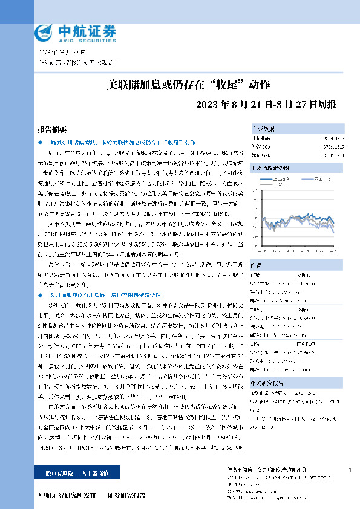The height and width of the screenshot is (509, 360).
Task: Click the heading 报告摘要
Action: point(50,129)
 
